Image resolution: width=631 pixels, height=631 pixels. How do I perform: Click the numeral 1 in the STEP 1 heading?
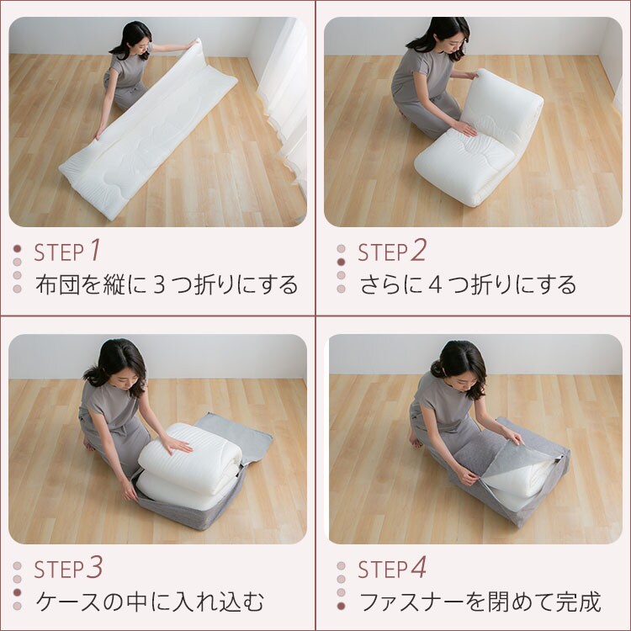(x=95, y=250)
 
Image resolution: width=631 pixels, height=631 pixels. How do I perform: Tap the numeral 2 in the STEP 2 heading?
(x=418, y=250)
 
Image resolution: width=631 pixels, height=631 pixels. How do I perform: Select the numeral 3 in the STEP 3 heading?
(x=95, y=568)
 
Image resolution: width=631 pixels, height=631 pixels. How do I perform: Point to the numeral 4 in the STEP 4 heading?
(x=418, y=568)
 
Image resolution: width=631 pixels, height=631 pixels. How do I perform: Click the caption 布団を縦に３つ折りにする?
(x=167, y=284)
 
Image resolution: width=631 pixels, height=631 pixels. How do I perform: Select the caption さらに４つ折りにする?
(x=468, y=284)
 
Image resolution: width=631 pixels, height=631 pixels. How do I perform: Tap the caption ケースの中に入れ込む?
(x=150, y=602)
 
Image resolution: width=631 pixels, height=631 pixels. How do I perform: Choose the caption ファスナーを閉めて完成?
(x=480, y=602)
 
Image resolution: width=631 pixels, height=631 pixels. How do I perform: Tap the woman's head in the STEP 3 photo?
(x=117, y=360)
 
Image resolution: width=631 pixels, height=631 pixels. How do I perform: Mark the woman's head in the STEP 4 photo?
(x=462, y=362)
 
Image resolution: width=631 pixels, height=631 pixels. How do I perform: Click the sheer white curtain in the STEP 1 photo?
(x=282, y=93)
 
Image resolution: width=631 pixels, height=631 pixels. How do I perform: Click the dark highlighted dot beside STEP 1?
(x=18, y=249)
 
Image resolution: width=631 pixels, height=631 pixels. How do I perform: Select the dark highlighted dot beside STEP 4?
(x=341, y=606)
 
